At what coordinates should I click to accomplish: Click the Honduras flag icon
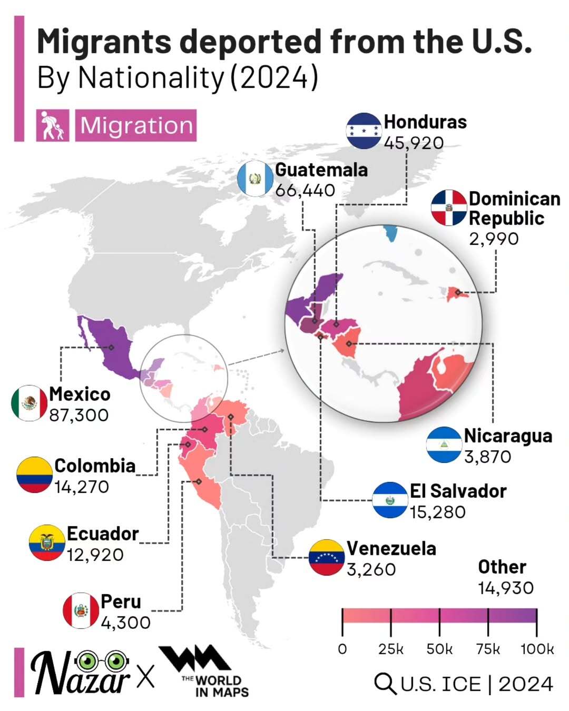tap(364, 130)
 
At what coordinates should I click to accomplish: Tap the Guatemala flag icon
tap(255, 179)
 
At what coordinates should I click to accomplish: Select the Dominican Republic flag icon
tap(449, 208)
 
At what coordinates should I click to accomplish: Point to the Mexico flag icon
tap(29, 403)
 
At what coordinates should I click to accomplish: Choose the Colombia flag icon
tap(34, 475)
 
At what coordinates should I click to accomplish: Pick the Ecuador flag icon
tap(47, 542)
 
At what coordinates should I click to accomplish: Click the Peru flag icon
tap(81, 610)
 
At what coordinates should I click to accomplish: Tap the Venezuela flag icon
tap(327, 557)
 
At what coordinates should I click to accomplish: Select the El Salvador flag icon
tap(390, 500)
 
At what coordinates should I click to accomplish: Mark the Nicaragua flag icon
tap(444, 445)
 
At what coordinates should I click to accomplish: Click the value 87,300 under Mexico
tap(79, 415)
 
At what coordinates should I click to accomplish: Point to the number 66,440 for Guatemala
tap(305, 190)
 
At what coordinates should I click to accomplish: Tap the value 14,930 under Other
tap(506, 588)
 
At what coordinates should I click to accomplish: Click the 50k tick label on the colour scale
tap(439, 649)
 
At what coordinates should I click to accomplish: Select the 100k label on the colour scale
tap(537, 649)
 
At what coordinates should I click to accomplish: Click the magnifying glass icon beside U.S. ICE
tap(385, 684)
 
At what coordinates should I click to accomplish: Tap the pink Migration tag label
tap(136, 125)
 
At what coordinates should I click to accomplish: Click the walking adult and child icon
tap(53, 125)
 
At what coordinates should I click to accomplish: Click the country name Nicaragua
tap(508, 436)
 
